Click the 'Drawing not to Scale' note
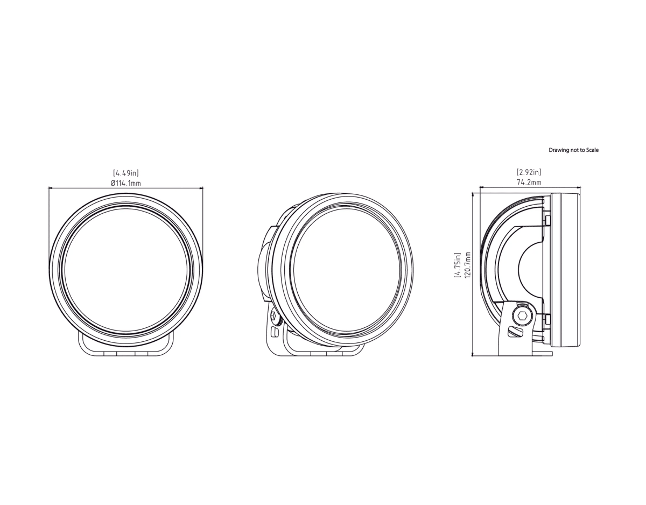[573, 150]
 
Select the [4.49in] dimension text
[126, 173]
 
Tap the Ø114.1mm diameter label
[126, 183]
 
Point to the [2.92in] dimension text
[529, 172]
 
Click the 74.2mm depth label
[529, 183]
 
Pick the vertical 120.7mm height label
[467, 265]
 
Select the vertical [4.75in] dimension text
[457, 265]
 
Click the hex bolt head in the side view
[522, 316]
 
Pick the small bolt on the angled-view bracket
[275, 317]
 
